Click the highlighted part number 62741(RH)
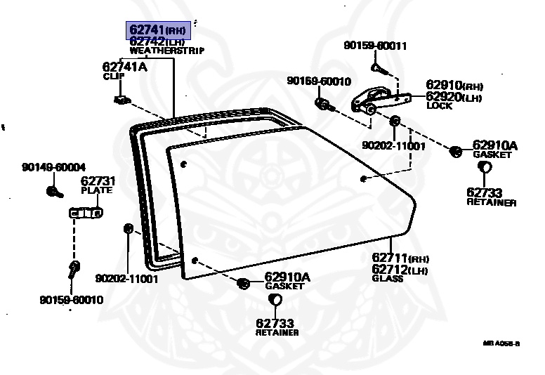158,31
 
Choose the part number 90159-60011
375,46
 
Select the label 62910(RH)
454,86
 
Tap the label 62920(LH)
454,97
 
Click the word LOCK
439,106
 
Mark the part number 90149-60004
53,167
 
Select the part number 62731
98,181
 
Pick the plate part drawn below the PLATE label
85,212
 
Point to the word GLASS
388,278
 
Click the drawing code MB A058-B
501,343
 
